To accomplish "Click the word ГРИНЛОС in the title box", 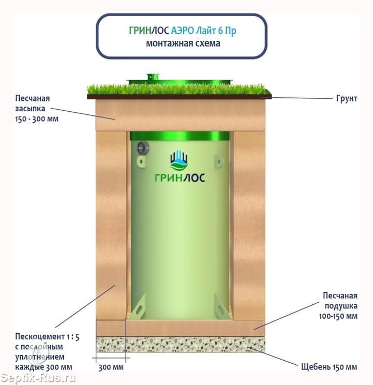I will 149,31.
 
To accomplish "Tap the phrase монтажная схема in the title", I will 183,43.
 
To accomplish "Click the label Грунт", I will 346,98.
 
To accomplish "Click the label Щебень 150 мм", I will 329,367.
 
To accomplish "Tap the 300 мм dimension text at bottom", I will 111,367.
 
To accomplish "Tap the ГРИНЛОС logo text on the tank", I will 180,178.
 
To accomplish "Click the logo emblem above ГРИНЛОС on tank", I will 180,160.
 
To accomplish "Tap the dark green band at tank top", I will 180,136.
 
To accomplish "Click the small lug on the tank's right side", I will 219,161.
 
